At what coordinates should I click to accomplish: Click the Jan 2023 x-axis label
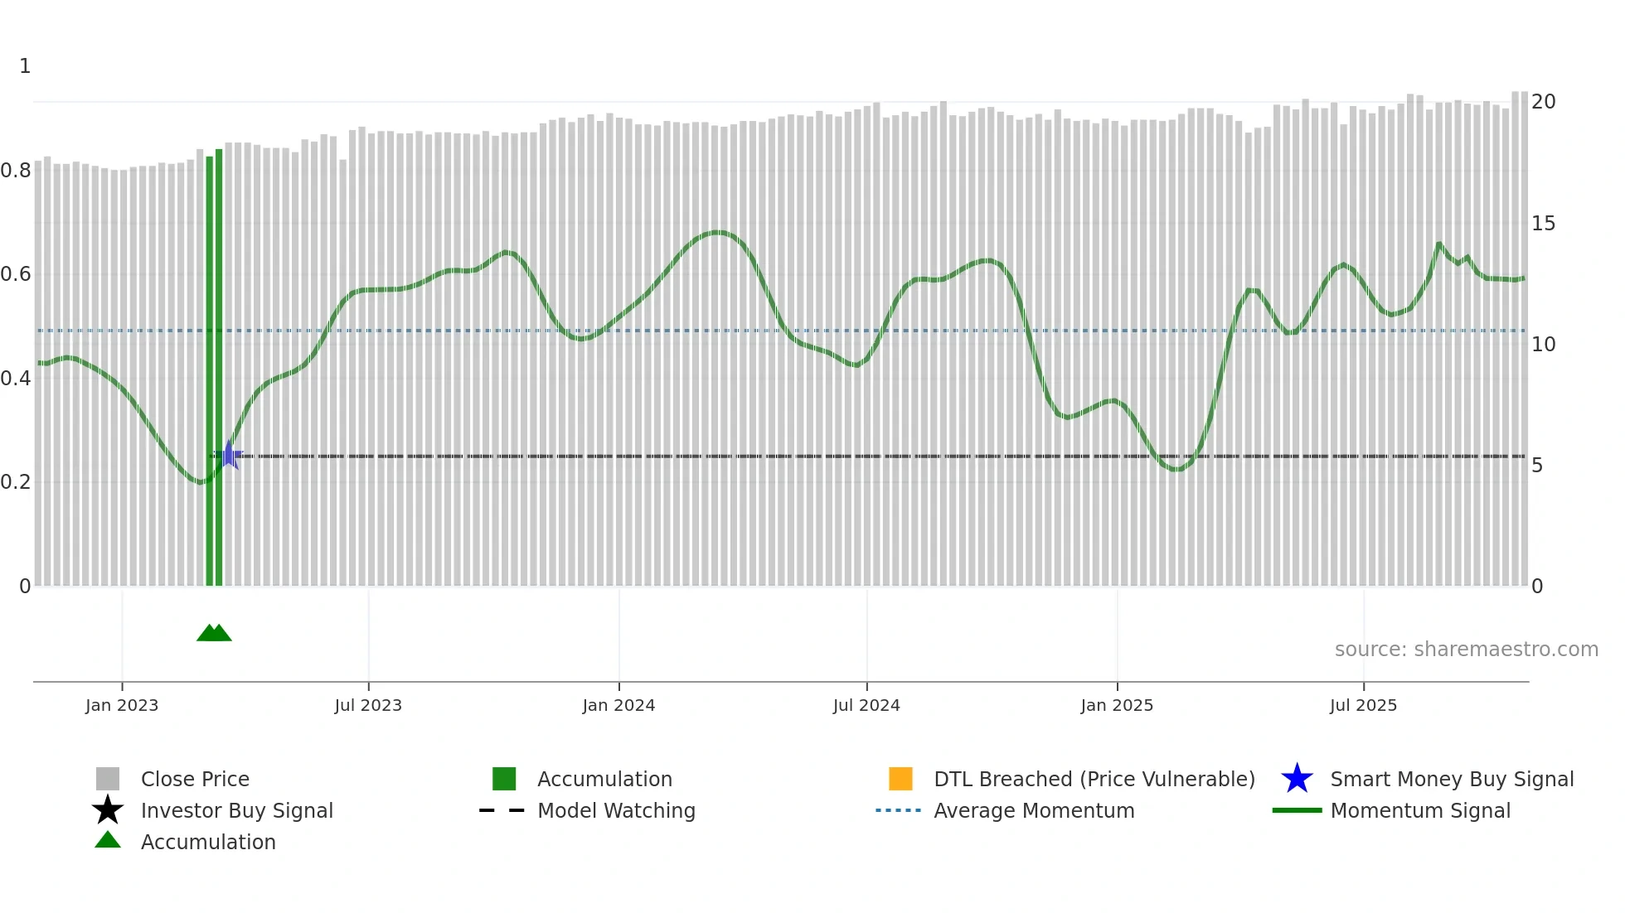[x=122, y=706]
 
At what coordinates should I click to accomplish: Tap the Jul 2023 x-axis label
[x=368, y=706]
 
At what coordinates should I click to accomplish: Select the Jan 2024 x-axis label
[x=618, y=706]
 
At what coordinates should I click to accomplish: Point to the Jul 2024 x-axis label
[x=866, y=706]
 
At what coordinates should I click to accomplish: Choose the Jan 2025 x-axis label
[x=1117, y=706]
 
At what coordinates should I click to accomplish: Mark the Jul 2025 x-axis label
[x=1363, y=706]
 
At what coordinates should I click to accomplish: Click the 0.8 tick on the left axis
[x=16, y=171]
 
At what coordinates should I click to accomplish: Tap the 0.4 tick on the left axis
[x=16, y=379]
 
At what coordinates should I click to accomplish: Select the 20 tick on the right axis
[x=1543, y=102]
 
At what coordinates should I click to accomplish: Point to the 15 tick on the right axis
[x=1543, y=224]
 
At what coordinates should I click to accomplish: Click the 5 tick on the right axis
[x=1537, y=466]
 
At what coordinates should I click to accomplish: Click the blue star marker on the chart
[x=229, y=456]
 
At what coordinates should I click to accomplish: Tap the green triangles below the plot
[x=214, y=633]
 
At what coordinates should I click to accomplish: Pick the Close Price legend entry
[x=195, y=780]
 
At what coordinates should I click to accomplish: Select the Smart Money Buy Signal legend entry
[x=1452, y=780]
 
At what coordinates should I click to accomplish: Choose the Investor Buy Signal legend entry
[x=236, y=811]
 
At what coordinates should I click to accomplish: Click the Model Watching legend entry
[x=616, y=811]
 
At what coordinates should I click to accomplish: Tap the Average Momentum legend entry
[x=1034, y=811]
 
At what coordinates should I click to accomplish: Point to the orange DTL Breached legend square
[x=900, y=779]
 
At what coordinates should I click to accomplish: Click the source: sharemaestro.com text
[x=1466, y=650]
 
